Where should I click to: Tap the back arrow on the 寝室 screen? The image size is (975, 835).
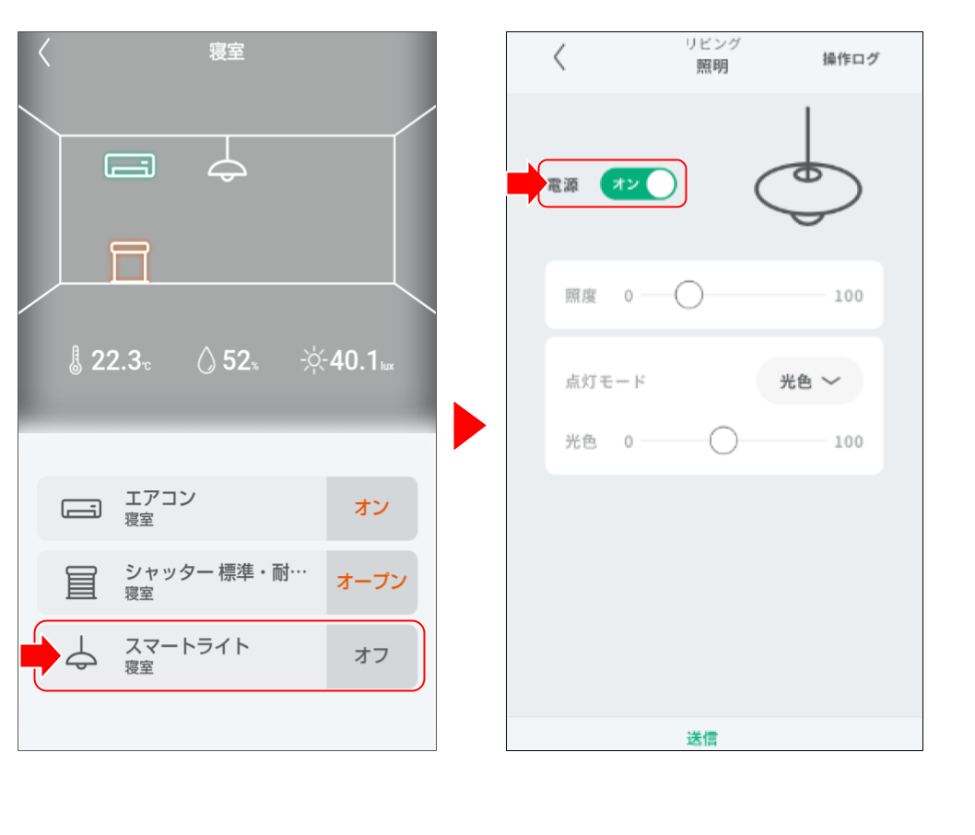pyautogui.click(x=44, y=53)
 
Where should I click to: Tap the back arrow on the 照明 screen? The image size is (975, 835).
pyautogui.click(x=559, y=56)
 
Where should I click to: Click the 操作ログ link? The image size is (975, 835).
pyautogui.click(x=851, y=59)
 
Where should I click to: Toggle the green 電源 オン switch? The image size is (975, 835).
pyautogui.click(x=639, y=184)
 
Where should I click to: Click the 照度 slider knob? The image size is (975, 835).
pyautogui.click(x=689, y=295)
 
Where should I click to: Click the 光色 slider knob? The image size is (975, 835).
pyautogui.click(x=723, y=441)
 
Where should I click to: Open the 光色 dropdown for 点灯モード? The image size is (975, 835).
pyautogui.click(x=809, y=382)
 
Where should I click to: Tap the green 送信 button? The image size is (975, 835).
pyautogui.click(x=702, y=738)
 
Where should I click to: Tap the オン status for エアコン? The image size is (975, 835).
pyautogui.click(x=371, y=508)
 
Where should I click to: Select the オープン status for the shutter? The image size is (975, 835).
pyautogui.click(x=371, y=582)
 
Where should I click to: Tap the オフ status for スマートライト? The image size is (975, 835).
pyautogui.click(x=371, y=655)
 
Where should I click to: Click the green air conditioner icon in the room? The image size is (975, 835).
pyautogui.click(x=129, y=165)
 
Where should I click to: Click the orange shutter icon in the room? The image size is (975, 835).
pyautogui.click(x=129, y=262)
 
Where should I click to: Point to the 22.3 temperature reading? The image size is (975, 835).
pyautogui.click(x=110, y=360)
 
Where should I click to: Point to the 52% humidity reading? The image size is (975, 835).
pyautogui.click(x=228, y=360)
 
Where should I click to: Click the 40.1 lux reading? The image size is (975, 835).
pyautogui.click(x=347, y=360)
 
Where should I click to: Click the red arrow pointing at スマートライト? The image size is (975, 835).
pyautogui.click(x=41, y=655)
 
